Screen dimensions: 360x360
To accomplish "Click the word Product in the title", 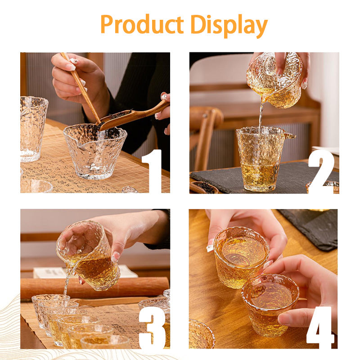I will point(142,25).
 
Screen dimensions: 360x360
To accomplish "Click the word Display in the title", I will point(229,25).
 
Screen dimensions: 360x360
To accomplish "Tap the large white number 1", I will point(152,171).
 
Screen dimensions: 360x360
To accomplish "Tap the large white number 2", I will point(321,171).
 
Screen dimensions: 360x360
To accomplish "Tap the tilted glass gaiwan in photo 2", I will point(274,81).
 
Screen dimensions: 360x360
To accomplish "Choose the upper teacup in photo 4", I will point(241,256).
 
